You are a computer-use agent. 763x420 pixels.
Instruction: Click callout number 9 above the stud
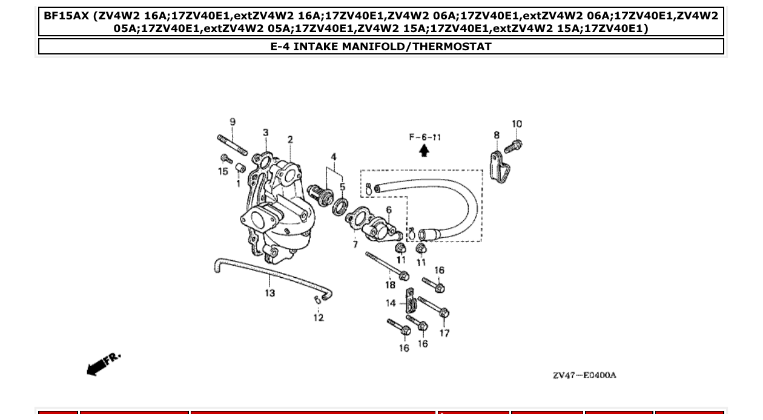[233, 122]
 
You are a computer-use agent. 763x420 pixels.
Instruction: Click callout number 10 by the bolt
[517, 124]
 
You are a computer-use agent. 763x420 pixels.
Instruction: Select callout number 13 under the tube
[269, 293]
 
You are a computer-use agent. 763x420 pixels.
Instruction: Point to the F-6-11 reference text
[424, 137]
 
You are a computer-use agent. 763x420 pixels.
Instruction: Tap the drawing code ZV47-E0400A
[584, 375]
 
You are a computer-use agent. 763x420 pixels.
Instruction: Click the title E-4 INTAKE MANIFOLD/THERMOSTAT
[381, 47]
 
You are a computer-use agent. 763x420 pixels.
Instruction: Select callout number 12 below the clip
[319, 317]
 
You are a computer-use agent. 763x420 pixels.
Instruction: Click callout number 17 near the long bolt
[444, 333]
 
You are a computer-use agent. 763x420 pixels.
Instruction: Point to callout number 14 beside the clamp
[391, 303]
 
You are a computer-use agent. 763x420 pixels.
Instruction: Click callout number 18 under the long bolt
[390, 284]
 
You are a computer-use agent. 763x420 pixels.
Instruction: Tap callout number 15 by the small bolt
[223, 171]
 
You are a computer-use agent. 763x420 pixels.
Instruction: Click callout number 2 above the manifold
[290, 140]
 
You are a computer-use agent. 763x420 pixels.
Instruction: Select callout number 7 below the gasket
[355, 244]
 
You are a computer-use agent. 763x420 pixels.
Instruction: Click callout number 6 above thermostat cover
[388, 210]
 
